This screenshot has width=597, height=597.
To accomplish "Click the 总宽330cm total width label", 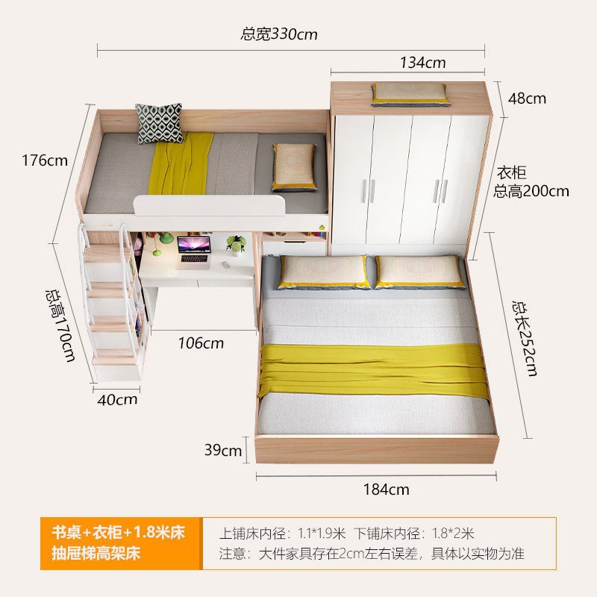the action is point(278,34).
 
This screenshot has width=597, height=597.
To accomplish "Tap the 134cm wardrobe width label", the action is point(422,63).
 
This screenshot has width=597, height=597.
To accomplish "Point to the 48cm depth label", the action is point(527,99).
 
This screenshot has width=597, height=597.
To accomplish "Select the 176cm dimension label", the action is point(45,160).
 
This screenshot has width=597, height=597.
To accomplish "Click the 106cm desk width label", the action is point(201,343).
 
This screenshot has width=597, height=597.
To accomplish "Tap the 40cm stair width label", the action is point(117,399).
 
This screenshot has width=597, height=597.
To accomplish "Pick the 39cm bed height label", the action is point(222,450).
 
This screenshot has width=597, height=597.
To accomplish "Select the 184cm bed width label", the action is point(386,490).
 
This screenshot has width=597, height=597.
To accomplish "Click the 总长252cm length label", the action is point(525,339).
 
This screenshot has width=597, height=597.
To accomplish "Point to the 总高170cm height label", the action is point(60,325).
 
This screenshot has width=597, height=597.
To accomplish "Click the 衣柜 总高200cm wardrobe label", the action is point(531,182).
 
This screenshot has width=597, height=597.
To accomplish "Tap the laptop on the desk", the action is point(194,252).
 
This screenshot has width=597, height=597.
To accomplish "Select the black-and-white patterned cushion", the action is point(159,123).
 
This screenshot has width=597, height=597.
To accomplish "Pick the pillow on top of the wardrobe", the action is point(409,95).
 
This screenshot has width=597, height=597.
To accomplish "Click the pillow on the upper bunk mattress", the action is point(294,166).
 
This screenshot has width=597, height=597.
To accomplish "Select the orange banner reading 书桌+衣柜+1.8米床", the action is point(121,543).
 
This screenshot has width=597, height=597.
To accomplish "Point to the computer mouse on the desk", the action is point(226,265).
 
